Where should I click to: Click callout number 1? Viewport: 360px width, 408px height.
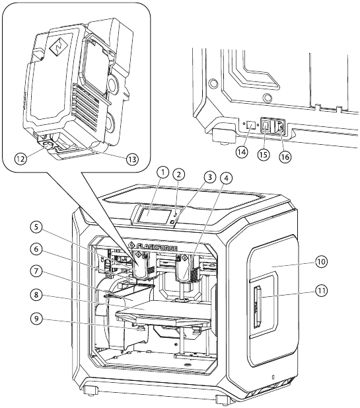163,172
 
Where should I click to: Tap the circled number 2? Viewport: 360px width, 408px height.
178,175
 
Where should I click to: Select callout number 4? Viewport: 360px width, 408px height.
226,178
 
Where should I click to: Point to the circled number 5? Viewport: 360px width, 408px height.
36,227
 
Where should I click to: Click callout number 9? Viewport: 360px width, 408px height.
36,319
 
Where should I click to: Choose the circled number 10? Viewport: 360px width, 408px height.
322,261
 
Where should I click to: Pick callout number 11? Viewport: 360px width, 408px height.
322,290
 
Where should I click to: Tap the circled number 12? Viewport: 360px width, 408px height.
20,159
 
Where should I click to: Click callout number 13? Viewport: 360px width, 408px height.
132,159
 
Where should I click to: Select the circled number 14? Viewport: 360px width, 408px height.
242,152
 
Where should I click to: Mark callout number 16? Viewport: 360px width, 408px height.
285,157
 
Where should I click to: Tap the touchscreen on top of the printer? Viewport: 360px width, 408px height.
153,215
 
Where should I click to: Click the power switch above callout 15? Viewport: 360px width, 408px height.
266,126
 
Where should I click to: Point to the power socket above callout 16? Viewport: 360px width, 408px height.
279,127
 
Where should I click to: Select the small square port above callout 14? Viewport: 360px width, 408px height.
251,124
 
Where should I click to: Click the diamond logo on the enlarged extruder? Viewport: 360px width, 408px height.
59,47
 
